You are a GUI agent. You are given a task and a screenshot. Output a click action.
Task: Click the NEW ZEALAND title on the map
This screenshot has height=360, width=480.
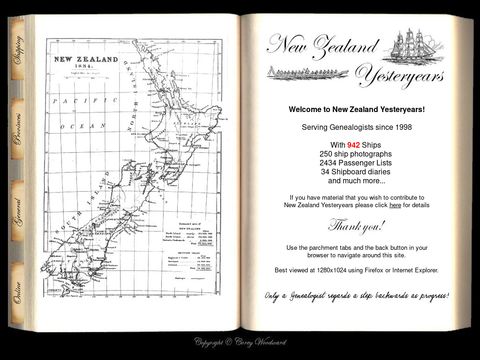(86, 60)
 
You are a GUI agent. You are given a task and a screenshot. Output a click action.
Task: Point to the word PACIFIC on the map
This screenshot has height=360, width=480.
(71, 103)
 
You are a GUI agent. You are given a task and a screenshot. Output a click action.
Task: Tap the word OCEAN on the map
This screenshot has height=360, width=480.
(76, 127)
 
